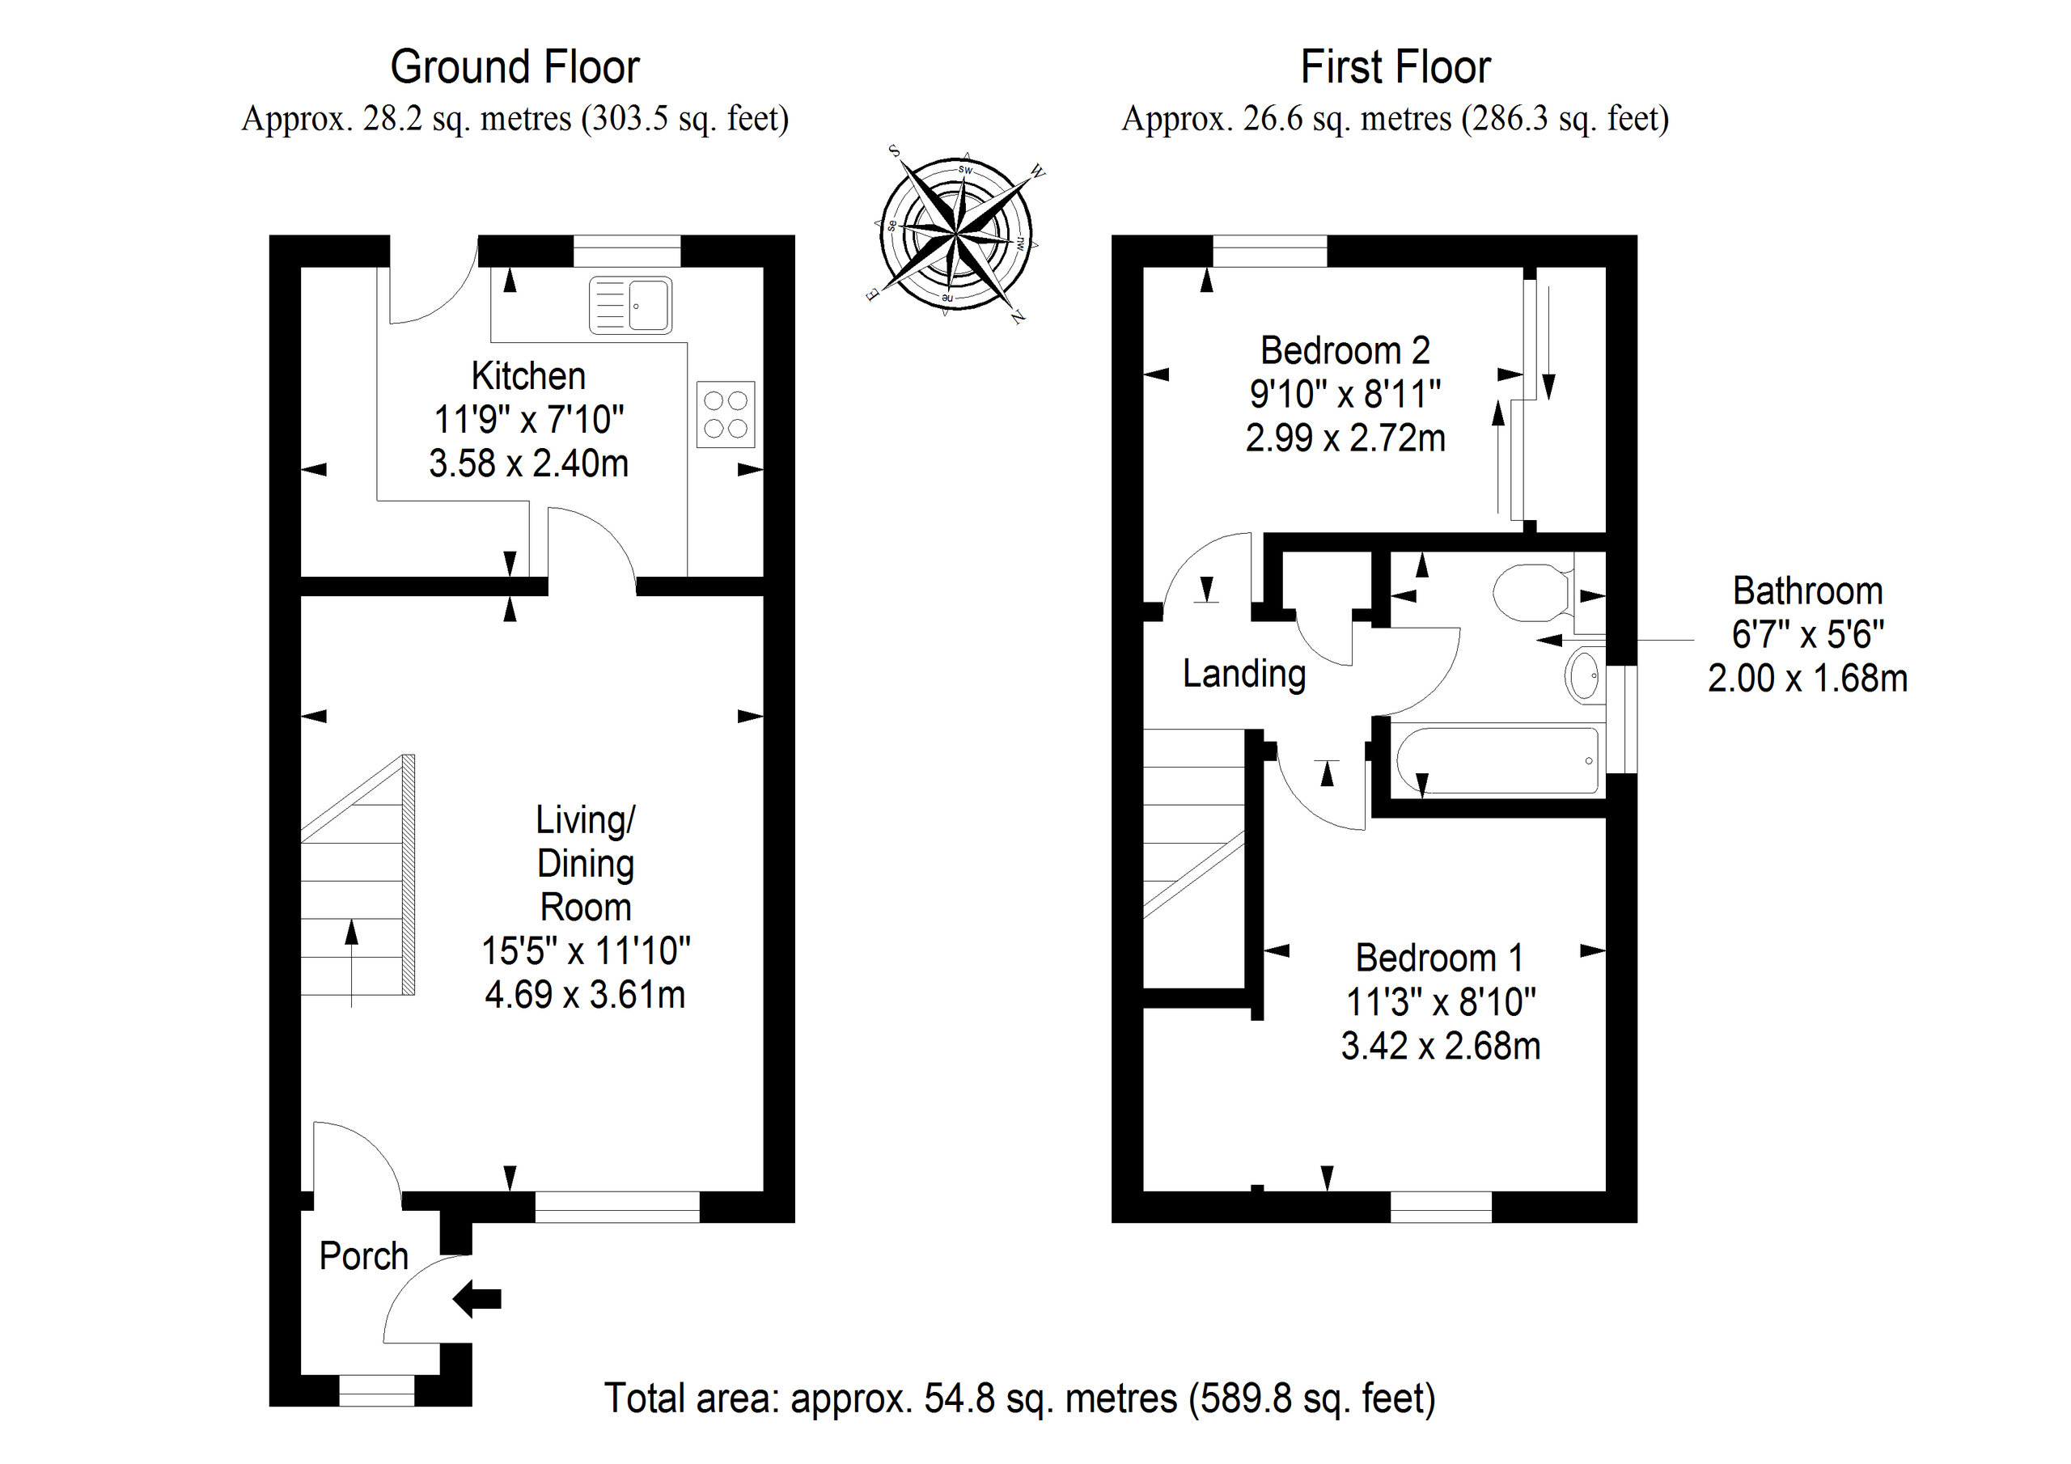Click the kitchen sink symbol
pos(630,306)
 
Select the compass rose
pos(955,235)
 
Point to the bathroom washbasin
pos(1586,675)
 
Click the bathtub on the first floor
pos(1497,760)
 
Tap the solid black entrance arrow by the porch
pos(477,1299)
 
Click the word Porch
pos(363,1255)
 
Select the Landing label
pos(1244,674)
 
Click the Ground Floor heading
pos(515,67)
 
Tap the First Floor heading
pos(1395,67)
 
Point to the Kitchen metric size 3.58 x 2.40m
pos(528,463)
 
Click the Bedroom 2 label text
pos(1345,350)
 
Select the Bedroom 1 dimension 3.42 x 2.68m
pos(1441,1047)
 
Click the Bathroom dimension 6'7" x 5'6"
pos(1807,634)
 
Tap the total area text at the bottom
pos(1019,1398)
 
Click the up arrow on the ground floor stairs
pos(351,962)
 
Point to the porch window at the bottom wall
pos(376,1390)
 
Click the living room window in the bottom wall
pos(617,1207)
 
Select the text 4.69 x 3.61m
pos(585,995)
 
